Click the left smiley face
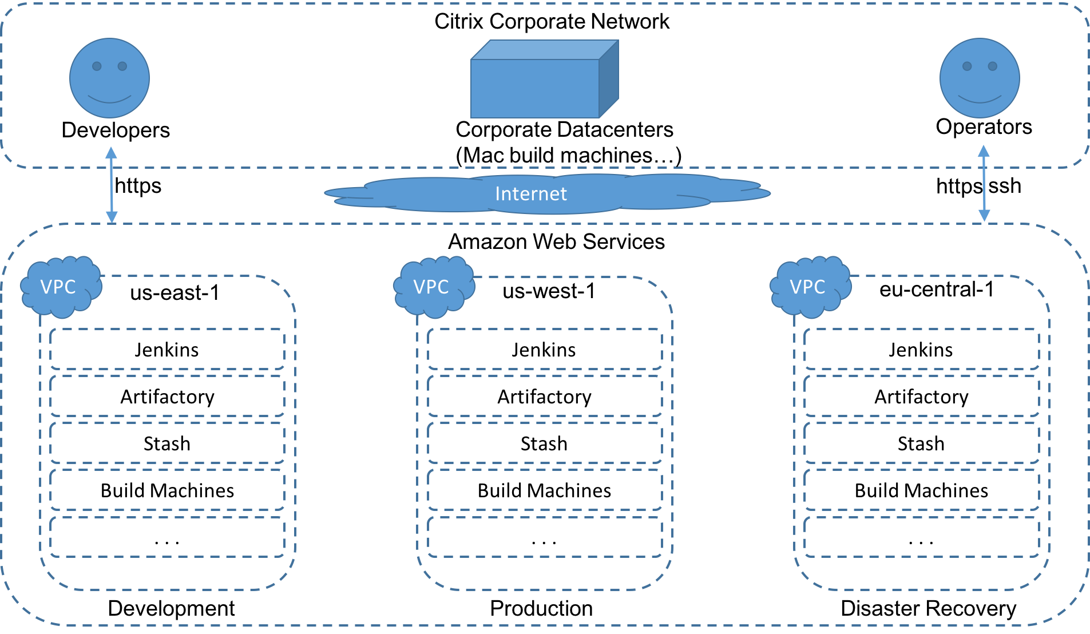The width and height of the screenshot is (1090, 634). pos(109,78)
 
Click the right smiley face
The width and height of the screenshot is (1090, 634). pos(980,78)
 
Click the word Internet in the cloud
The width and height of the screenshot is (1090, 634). pos(531,194)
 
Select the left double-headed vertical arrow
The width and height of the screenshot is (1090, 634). pos(112,185)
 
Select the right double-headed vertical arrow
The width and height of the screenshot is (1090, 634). pos(984,183)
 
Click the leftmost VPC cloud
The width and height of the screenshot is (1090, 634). pos(60,287)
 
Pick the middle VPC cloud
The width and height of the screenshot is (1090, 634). pos(433,287)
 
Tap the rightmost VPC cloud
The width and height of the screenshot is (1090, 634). pos(810,287)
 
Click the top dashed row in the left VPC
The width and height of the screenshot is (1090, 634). pos(167,349)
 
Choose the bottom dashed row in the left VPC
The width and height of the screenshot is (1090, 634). pos(167,537)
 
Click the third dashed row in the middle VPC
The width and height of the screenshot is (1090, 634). pos(545,443)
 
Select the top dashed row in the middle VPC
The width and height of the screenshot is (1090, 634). pos(545,349)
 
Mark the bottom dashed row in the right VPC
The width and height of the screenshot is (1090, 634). pos(921,537)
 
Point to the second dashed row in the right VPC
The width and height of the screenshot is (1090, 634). pos(921,396)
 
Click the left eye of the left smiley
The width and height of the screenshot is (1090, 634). pos(97,66)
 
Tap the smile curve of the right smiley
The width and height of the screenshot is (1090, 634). pos(980,101)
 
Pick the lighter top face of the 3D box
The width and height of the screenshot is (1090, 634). pos(544,50)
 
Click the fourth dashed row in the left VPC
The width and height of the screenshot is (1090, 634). pos(167,490)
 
